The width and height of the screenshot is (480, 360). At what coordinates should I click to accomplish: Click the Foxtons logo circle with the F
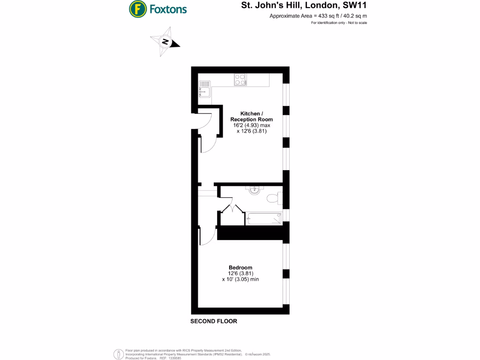click(x=137, y=8)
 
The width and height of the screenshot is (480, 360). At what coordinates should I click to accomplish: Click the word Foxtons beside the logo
click(x=168, y=9)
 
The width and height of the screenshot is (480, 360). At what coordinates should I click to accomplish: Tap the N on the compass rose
click(x=165, y=42)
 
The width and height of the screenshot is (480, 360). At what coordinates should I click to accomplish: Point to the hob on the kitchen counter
click(x=241, y=80)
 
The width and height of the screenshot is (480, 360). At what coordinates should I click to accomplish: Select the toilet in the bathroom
click(x=273, y=198)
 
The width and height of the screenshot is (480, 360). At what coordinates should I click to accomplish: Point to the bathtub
click(x=264, y=218)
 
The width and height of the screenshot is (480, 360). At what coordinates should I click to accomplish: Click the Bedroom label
click(x=240, y=268)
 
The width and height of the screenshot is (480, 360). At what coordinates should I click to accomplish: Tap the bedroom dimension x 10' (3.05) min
click(x=240, y=279)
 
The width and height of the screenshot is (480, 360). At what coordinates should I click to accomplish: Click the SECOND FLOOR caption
click(x=213, y=322)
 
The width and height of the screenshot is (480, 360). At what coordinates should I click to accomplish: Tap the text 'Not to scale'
click(x=358, y=23)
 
